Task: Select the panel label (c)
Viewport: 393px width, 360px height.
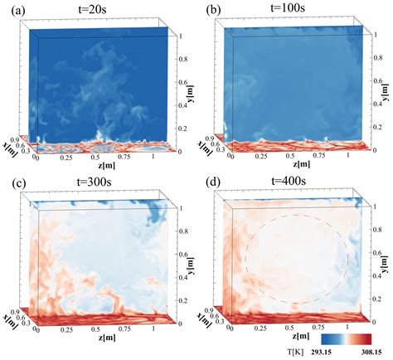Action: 12,184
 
